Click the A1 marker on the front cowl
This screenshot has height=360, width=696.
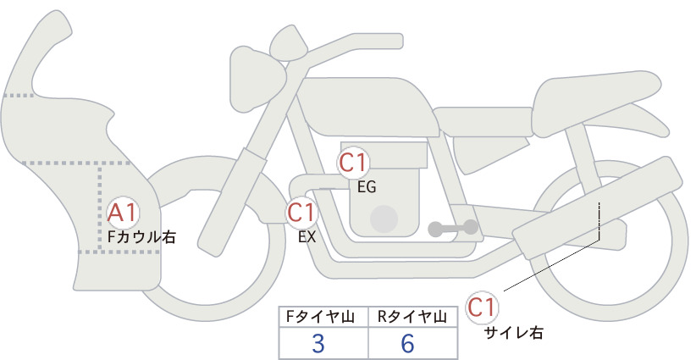pos(123,213)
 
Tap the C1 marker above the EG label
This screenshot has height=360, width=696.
pos(353,163)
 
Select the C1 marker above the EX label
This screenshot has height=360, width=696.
pos(301,212)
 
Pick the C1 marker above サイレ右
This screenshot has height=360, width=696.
pos(482,307)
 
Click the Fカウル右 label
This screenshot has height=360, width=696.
pos(141,237)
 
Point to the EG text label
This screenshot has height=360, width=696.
pos(367,187)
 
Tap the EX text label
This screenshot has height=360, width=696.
pos(307,237)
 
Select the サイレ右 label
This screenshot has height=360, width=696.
pos(514,333)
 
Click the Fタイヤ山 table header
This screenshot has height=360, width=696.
pos(320,317)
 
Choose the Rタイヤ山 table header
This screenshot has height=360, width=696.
pos(412,317)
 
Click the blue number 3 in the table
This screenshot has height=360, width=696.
pos(318,344)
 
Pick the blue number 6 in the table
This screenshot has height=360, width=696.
pos(407,344)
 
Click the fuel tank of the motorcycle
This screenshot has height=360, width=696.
pos(366,107)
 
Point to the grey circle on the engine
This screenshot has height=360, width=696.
pos(384,219)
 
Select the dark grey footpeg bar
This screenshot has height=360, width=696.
pos(453,228)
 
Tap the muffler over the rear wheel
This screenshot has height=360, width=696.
pos(598,208)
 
